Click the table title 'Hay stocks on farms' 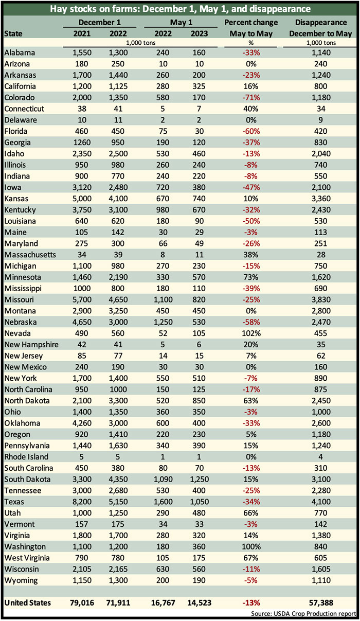[96, 9]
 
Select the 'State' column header [13, 34]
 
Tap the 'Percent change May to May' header [251, 28]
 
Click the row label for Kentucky [20, 210]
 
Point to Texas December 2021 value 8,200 [82, 502]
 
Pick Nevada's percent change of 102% [251, 333]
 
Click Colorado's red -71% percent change [251, 98]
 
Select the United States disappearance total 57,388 [321, 602]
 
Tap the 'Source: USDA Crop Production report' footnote [303, 614]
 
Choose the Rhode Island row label [26, 457]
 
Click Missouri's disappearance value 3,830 [321, 299]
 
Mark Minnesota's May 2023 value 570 [199, 277]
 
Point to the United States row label [28, 602]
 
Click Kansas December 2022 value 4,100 [118, 199]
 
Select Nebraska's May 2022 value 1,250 [163, 322]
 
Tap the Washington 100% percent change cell [251, 547]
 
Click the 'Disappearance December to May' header [320, 28]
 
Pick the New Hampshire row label [31, 345]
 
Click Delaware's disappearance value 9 [320, 120]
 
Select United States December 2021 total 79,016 [82, 602]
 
